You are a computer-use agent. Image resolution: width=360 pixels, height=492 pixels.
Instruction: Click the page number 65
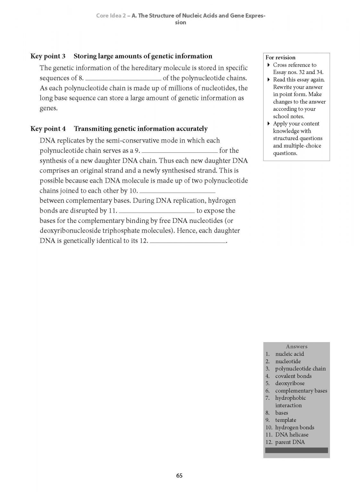point(179,476)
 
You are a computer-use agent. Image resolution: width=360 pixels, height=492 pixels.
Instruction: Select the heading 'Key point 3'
point(48,56)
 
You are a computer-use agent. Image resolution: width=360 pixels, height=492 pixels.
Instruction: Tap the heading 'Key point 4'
point(48,129)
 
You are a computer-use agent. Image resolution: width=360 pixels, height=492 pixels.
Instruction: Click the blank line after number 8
point(123,79)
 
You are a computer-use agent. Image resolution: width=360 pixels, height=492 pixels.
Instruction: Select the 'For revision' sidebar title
point(280,58)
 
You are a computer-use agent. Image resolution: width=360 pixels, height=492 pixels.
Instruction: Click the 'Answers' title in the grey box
point(297,347)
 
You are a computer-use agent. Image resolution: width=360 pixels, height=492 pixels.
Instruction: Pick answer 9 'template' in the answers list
point(285,420)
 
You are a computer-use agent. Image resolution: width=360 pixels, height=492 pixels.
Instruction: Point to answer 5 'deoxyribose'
point(289,383)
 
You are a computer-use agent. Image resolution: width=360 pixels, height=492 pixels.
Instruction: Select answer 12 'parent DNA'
point(290,442)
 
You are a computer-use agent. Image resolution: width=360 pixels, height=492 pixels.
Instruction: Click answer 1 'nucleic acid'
point(289,354)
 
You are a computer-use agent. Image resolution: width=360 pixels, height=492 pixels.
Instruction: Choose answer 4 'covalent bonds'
point(293,376)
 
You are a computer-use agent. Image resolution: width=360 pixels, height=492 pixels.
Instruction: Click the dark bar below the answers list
point(297,450)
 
